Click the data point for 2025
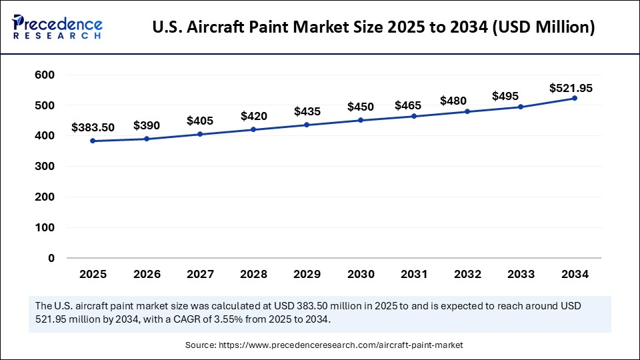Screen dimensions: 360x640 (x=92, y=141)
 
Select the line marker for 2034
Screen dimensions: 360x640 (x=575, y=98)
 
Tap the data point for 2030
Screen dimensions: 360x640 (x=361, y=120)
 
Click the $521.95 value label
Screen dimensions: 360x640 (x=571, y=88)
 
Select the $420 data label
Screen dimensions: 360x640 (x=254, y=116)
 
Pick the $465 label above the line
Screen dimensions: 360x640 (x=413, y=105)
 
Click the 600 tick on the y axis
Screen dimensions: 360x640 (x=44, y=75)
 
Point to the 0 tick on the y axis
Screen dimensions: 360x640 (x=51, y=258)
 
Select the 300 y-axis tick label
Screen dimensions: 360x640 (x=44, y=167)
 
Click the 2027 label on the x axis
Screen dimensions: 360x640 (x=200, y=274)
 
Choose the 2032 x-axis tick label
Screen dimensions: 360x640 (x=468, y=274)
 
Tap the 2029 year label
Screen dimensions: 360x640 (x=307, y=274)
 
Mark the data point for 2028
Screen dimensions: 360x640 (x=253, y=129)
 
